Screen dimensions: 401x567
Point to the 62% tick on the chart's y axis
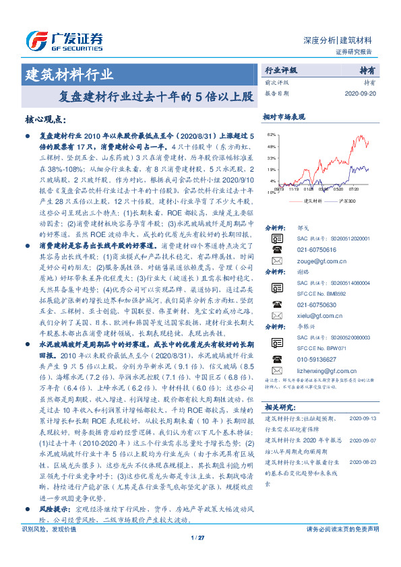click(271, 135)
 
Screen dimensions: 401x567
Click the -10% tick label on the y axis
click(271, 193)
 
